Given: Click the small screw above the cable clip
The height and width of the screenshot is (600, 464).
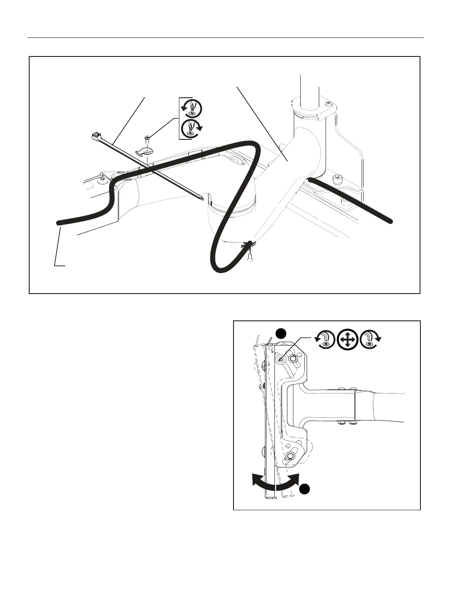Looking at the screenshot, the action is pos(147,139).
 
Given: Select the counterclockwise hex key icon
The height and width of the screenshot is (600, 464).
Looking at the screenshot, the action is pos(325,339).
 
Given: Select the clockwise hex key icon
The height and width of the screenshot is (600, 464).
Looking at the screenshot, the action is pos(370,339).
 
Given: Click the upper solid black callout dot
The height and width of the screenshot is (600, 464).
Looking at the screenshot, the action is pos(280,333).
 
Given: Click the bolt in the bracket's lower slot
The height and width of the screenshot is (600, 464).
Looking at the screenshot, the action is pos(290,455).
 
